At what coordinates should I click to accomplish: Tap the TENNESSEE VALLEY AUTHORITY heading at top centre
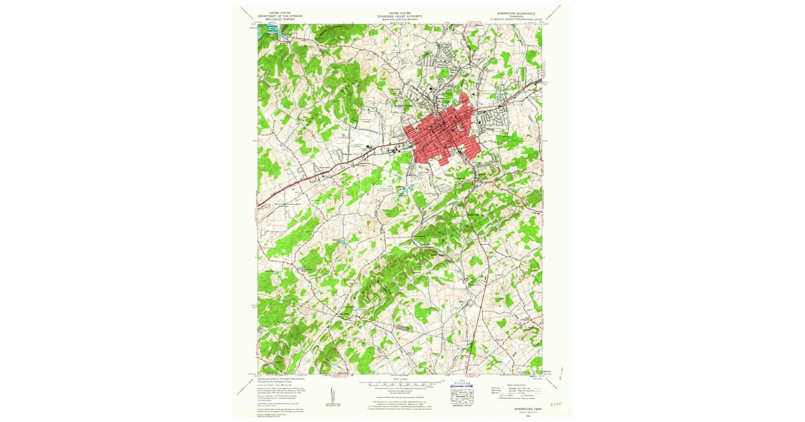pos(399,16)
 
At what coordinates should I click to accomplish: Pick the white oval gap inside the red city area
pos(457,128)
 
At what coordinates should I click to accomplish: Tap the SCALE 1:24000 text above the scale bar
pos(400,380)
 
